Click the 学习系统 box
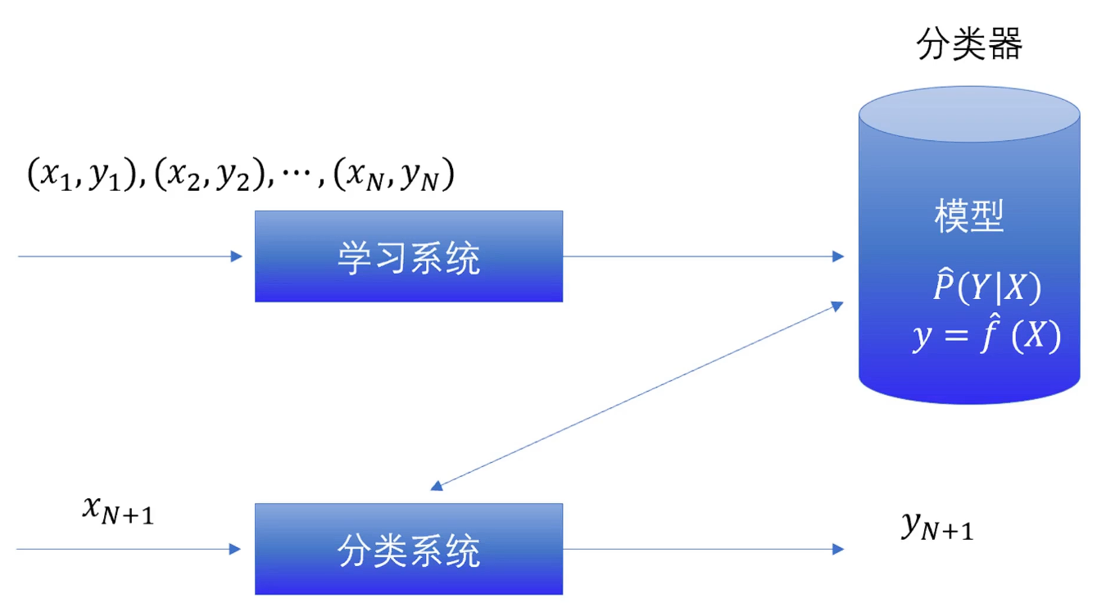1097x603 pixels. pyautogui.click(x=408, y=256)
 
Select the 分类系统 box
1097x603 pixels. pyautogui.click(x=408, y=549)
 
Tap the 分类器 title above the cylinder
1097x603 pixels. pyautogui.click(x=969, y=45)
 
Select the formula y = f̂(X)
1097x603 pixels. pyautogui.click(x=986, y=335)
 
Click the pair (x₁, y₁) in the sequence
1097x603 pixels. pyautogui.click(x=79, y=175)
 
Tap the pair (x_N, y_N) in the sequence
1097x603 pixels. pyautogui.click(x=394, y=175)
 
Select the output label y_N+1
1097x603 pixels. pyautogui.click(x=936, y=527)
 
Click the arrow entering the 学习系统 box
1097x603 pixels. pyautogui.click(x=131, y=256)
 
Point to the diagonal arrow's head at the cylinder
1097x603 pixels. pyautogui.click(x=837, y=306)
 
